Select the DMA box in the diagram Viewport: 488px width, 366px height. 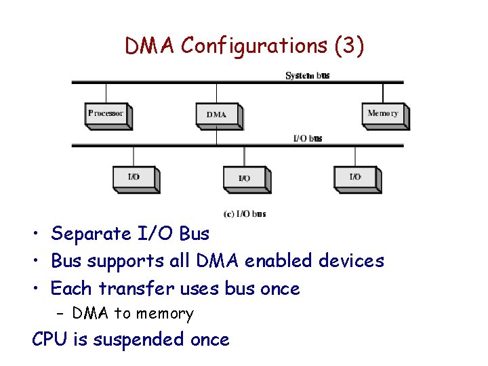pos(217,115)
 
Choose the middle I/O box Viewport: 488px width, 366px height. pos(244,178)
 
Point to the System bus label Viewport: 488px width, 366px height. pos(308,75)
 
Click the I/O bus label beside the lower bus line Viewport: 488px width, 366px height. pos(307,138)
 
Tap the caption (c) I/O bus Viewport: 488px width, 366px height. pos(244,213)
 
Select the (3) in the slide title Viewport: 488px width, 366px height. pos(350,46)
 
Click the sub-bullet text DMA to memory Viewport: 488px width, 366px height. pos(133,313)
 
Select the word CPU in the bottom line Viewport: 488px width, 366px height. pos(50,339)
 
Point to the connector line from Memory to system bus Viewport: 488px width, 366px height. pos(383,93)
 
